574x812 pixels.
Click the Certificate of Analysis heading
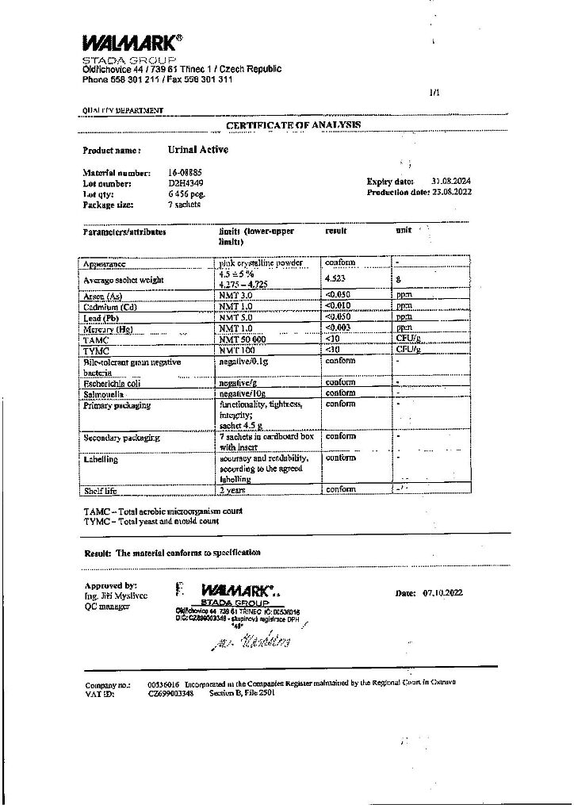click(x=293, y=125)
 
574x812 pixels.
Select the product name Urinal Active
click(x=197, y=149)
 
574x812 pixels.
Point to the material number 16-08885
click(x=185, y=172)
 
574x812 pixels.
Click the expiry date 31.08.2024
click(x=451, y=182)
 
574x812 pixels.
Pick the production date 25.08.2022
click(x=451, y=193)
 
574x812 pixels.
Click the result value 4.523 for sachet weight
click(x=335, y=279)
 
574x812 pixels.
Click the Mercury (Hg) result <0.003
click(x=339, y=328)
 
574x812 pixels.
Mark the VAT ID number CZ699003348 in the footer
click(x=170, y=693)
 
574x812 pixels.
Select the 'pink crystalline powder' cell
click(x=261, y=262)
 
